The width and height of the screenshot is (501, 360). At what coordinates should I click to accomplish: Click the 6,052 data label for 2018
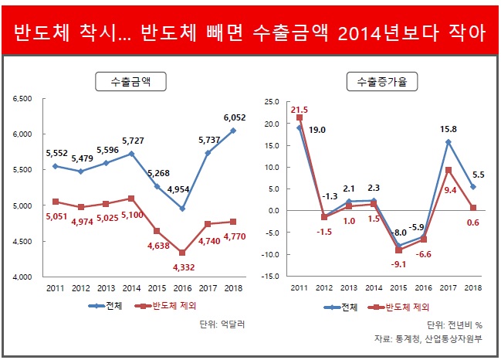click(235, 117)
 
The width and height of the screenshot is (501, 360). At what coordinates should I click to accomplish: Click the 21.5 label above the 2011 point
click(300, 110)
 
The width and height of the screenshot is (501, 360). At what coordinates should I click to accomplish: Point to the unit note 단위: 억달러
click(221, 324)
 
